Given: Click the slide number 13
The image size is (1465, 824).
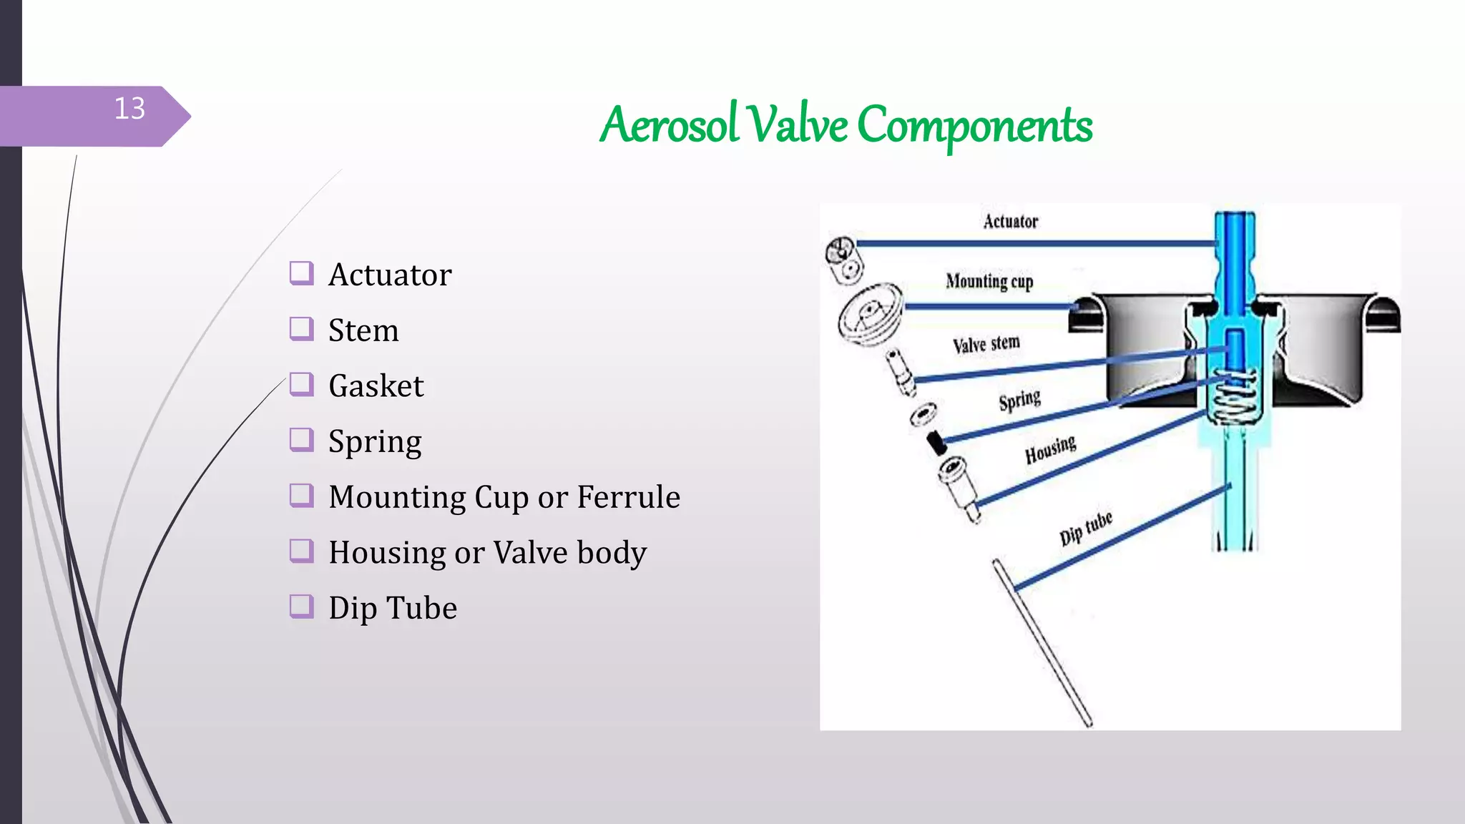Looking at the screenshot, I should [129, 109].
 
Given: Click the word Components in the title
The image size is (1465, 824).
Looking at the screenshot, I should [974, 124].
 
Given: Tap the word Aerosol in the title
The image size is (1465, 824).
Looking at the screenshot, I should [669, 124].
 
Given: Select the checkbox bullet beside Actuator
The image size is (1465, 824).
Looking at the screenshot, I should [301, 273].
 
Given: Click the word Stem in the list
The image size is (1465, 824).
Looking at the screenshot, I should [363, 330].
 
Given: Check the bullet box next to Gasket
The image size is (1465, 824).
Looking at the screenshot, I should [301, 385].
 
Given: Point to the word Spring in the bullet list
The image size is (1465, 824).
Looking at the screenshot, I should [375, 442].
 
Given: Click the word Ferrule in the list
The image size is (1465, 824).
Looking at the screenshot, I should [628, 496].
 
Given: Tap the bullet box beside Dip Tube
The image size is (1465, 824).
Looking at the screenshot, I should [301, 607].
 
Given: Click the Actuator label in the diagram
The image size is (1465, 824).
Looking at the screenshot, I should [1010, 221].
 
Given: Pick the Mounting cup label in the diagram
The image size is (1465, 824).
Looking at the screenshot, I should [989, 281].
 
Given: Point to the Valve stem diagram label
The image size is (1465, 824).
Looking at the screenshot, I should [986, 344].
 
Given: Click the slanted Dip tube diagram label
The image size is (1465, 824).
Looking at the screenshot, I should [1085, 527].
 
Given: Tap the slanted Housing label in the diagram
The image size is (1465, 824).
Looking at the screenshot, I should [1050, 450].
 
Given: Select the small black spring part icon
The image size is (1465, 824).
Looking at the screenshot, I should [936, 442].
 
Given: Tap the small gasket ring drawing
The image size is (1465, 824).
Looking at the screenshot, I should [923, 413].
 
